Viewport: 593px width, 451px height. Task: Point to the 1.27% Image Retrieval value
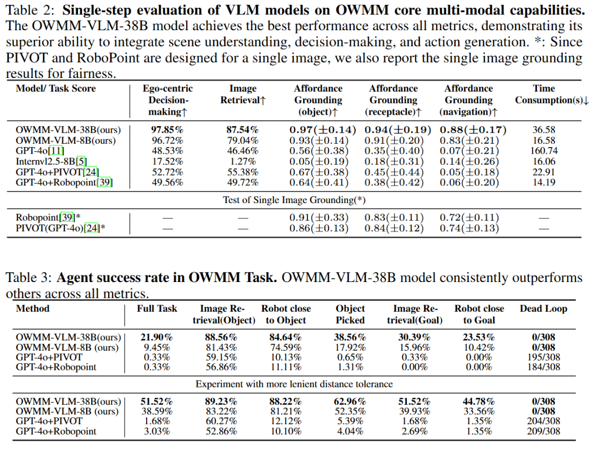tap(242, 161)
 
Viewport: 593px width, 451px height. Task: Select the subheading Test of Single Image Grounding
tap(294, 200)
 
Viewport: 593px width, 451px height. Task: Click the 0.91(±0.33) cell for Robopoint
tap(318, 218)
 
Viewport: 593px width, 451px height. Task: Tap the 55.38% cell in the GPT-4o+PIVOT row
tap(242, 172)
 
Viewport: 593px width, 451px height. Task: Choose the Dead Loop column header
tap(543, 309)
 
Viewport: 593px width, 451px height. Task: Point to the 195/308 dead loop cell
tap(542, 357)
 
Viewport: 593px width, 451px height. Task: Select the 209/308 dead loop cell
tap(542, 431)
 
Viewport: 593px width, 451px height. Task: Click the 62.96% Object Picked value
tap(350, 401)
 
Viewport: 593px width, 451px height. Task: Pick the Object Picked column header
tap(350, 314)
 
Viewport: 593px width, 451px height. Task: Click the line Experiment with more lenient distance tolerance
tap(294, 384)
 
